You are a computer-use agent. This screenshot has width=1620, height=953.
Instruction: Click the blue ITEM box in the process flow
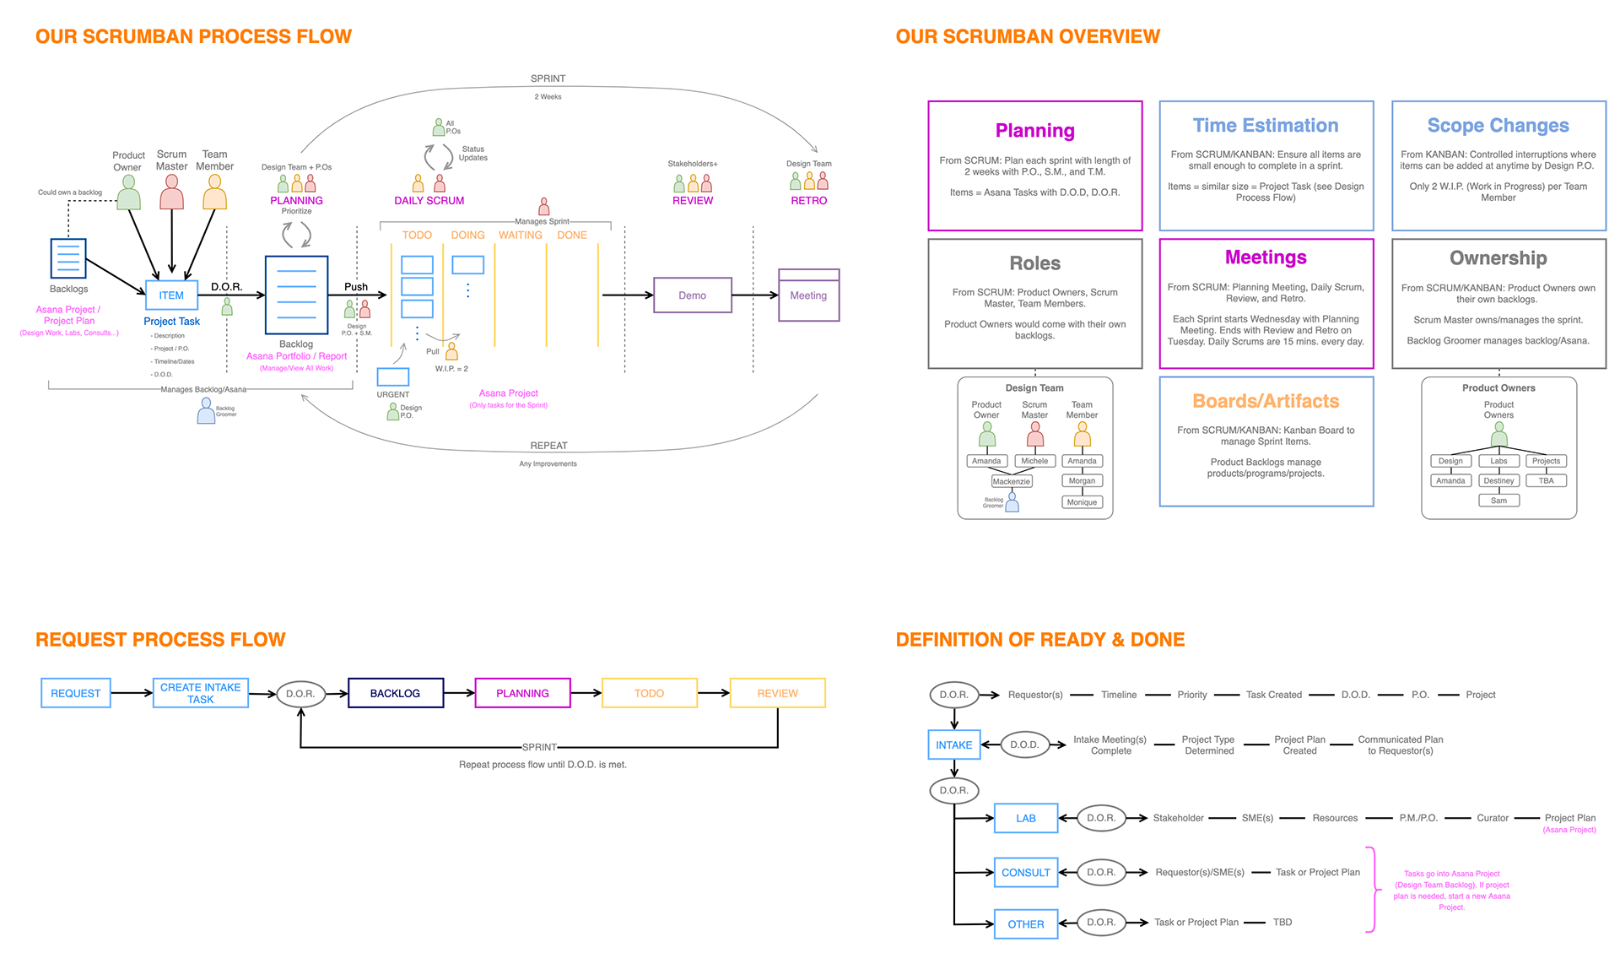click(x=171, y=295)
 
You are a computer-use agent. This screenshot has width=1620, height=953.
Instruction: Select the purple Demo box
click(x=692, y=295)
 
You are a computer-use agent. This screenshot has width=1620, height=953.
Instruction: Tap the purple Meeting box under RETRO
click(x=808, y=295)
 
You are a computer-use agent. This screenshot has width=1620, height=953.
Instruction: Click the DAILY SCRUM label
click(x=429, y=201)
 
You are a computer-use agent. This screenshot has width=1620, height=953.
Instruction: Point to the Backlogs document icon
click(x=68, y=258)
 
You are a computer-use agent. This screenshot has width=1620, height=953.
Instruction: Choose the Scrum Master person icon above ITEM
click(x=171, y=192)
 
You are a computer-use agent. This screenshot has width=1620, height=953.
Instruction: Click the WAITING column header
click(x=520, y=236)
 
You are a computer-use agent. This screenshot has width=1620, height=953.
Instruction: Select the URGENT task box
click(x=392, y=376)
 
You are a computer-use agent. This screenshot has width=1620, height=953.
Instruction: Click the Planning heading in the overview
click(x=1034, y=131)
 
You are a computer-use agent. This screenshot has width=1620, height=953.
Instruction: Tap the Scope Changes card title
click(x=1498, y=126)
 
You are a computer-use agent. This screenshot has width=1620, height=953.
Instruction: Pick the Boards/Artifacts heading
click(x=1266, y=401)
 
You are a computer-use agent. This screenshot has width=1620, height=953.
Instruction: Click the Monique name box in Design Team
click(x=1082, y=502)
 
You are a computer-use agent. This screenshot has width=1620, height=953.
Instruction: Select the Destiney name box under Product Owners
click(x=1498, y=481)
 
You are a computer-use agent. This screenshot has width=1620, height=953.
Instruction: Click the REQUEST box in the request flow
click(x=75, y=693)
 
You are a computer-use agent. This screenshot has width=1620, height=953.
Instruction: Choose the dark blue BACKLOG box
click(x=395, y=693)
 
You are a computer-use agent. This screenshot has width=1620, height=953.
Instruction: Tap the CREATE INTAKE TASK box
click(x=201, y=693)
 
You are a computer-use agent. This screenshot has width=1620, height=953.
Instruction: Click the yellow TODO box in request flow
click(x=649, y=693)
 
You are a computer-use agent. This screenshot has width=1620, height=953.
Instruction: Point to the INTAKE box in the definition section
click(x=953, y=745)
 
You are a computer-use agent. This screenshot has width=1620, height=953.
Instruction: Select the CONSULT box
click(x=1025, y=873)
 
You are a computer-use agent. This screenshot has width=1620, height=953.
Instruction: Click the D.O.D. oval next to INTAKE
click(x=1024, y=745)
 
